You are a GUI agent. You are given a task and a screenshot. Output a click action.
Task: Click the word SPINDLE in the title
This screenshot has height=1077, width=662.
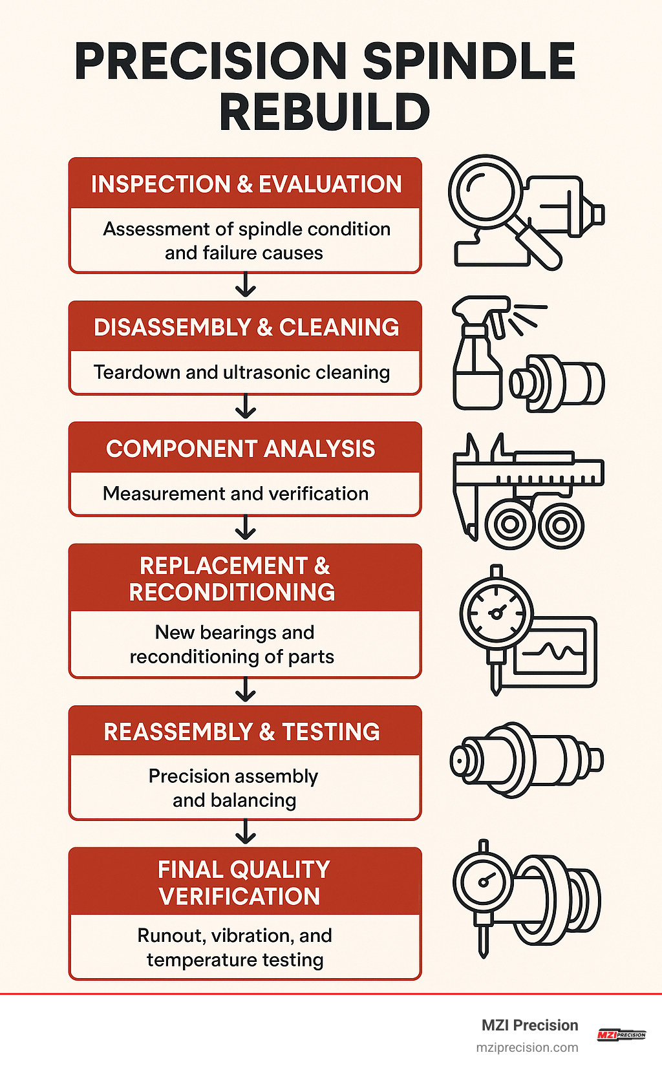(469, 61)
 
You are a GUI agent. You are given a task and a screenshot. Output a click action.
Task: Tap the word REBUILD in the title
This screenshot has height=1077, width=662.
(325, 112)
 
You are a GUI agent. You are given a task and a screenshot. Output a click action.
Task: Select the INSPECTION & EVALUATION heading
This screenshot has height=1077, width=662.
(246, 184)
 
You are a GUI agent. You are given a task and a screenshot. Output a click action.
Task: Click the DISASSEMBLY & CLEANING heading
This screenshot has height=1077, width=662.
(246, 327)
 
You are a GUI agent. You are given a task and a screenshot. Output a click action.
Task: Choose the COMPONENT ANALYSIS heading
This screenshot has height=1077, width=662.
(240, 449)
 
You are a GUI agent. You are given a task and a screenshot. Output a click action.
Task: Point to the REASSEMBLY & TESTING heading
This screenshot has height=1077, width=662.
(242, 732)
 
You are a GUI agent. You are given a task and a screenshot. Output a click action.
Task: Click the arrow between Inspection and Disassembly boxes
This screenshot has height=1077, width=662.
(246, 285)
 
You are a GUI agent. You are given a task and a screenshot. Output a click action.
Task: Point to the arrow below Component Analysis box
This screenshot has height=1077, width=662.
(246, 528)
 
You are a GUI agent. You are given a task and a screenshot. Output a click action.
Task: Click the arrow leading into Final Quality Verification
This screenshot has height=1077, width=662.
(246, 833)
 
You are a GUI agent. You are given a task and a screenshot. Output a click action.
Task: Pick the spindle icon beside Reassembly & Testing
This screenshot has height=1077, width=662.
(525, 760)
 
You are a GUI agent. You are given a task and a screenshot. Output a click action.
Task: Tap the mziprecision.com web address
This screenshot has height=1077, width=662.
(527, 1047)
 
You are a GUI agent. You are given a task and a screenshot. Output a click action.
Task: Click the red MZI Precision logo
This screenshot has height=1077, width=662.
(621, 1034)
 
